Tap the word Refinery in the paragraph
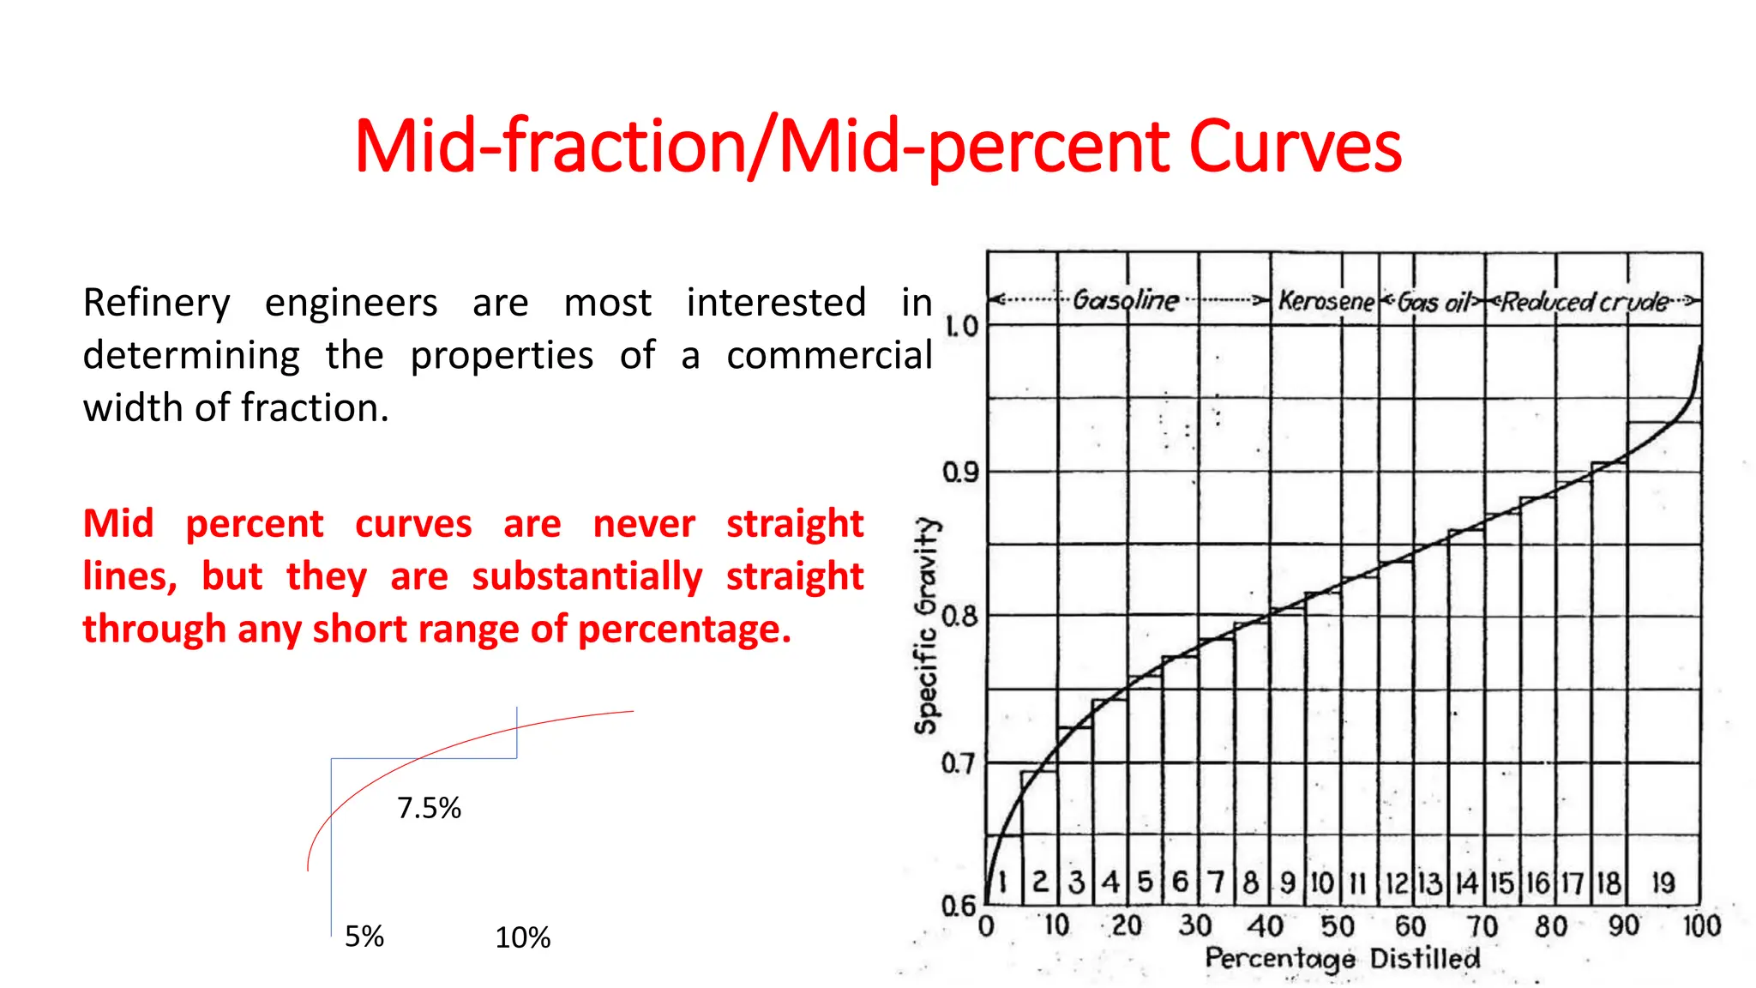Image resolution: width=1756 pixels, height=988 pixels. coord(156,303)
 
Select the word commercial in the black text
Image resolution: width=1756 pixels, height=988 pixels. coord(829,355)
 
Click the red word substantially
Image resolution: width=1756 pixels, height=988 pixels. coord(586,576)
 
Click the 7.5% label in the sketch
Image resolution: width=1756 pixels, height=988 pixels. coord(429,808)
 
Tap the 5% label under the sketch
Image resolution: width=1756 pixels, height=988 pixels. coord(364,937)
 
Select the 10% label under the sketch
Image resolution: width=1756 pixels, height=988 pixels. coord(522,937)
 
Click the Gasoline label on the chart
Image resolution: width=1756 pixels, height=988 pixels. coord(1126,300)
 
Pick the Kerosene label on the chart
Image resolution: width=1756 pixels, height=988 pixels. coord(1326,301)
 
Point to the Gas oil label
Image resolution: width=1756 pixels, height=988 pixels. coord(1434,302)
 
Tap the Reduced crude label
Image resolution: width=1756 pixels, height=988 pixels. coord(1585,302)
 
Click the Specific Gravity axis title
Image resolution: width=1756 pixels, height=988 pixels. coord(926,625)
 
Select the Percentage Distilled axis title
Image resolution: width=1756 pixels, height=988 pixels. coord(1342,958)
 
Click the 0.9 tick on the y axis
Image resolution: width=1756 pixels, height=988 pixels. coord(960,472)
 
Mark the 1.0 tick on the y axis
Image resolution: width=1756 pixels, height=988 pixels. coord(960,326)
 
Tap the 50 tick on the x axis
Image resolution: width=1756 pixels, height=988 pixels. coord(1338,926)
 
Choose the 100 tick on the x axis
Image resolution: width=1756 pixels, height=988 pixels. coord(1701,926)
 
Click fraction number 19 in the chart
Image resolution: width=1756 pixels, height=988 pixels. coord(1663,883)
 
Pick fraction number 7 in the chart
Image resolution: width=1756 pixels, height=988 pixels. coord(1216,883)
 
